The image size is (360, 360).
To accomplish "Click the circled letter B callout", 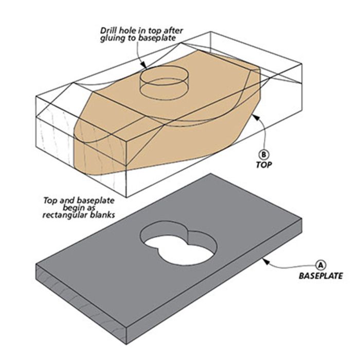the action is [x=263, y=155].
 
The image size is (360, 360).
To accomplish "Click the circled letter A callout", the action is [x=320, y=265].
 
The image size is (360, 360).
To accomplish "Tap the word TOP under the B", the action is [x=264, y=165].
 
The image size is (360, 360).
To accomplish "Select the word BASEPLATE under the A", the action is [x=321, y=276].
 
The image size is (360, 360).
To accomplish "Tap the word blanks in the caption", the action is [x=103, y=215].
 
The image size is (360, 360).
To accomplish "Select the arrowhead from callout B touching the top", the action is [x=256, y=117].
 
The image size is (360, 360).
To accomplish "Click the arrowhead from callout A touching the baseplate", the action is [x=266, y=261].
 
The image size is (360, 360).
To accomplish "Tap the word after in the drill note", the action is [x=173, y=30].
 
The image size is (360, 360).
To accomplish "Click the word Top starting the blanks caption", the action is [x=50, y=201].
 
